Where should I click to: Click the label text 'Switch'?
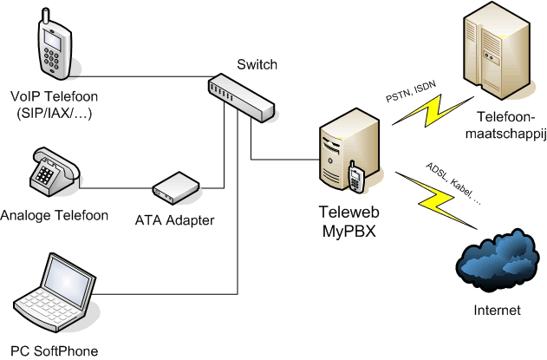click(x=257, y=63)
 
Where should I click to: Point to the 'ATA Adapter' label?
click(x=175, y=220)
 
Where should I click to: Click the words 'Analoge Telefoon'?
click(x=55, y=214)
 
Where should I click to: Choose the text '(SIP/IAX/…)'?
click(x=55, y=115)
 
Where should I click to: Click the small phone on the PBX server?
click(x=355, y=176)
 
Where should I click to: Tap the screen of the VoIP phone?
click(x=53, y=39)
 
